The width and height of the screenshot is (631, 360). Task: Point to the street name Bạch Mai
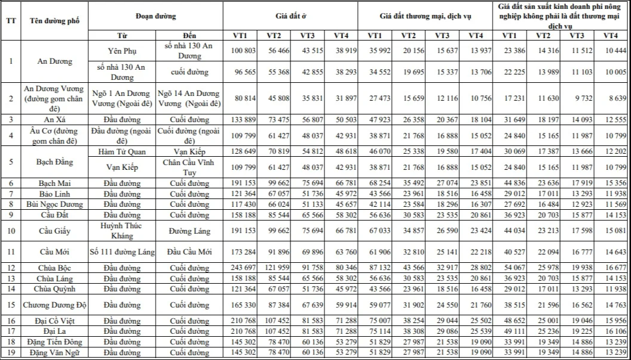(55, 182)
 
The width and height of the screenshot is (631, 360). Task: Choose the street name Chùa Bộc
(55, 268)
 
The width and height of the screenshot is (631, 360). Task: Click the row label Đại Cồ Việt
(55, 321)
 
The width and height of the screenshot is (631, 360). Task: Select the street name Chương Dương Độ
(55, 305)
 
